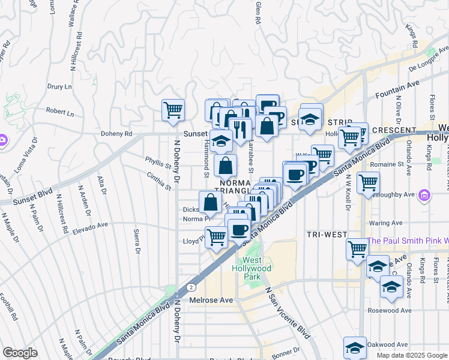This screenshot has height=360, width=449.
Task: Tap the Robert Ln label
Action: (x=59, y=112)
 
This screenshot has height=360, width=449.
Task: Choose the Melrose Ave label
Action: (x=211, y=299)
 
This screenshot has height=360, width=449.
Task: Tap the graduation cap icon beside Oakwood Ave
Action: (x=355, y=347)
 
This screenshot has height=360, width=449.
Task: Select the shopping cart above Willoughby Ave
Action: (x=368, y=182)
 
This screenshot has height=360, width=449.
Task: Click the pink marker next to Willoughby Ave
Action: (x=425, y=195)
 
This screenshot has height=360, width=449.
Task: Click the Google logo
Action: (x=20, y=353)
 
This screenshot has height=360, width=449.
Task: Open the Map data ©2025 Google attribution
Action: (x=411, y=355)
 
